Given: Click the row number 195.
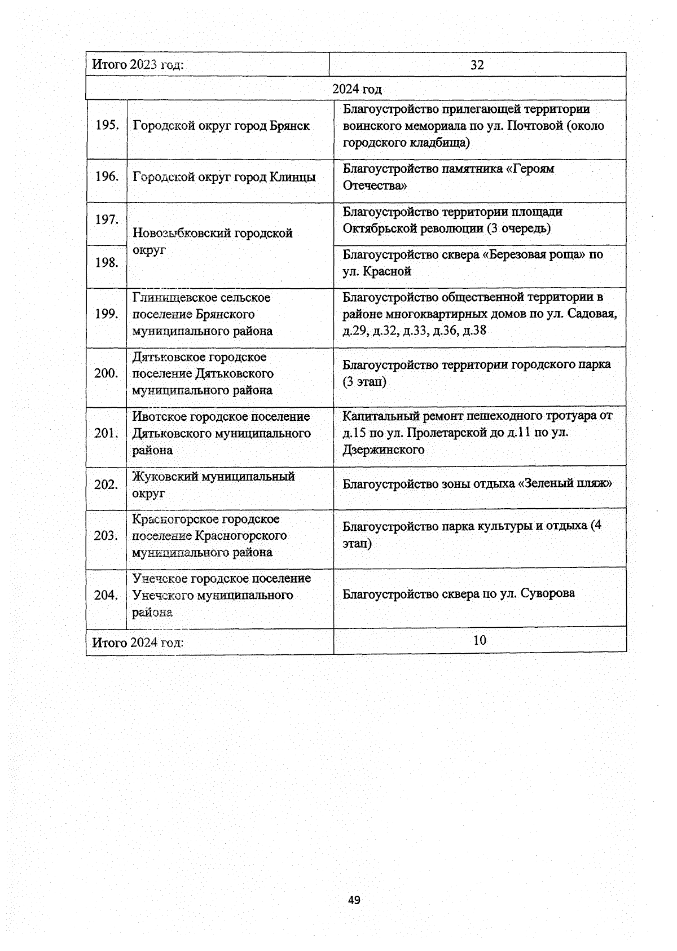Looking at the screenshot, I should pos(107,125).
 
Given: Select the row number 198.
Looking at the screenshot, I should pos(107,262).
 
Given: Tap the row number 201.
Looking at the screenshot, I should pos(106,433).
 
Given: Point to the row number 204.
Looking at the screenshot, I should pos(106,595).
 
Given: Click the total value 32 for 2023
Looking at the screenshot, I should pos(477,65).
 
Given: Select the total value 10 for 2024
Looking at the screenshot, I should pos(480,640).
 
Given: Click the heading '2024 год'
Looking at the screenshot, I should pos(357,89).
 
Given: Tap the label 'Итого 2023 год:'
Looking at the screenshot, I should pos(138,65).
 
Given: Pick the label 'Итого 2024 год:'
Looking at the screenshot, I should pos(138,642).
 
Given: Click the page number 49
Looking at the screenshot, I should pos(354,900).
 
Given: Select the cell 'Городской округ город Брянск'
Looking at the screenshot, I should pos(221,126).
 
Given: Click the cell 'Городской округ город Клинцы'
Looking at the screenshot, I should pos(224,177).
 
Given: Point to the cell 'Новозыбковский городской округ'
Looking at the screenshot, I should pos(213,241).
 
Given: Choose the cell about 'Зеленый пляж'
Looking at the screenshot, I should pos(477,483).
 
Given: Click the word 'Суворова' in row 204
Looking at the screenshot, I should pos(548,593).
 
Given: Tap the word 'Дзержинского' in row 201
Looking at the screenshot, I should pos(384,450).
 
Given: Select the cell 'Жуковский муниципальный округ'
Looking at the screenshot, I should pos(213,485).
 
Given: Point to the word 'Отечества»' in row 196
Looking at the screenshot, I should pos(375,186).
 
